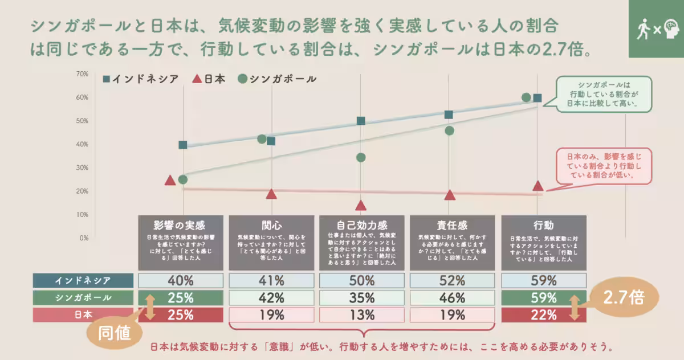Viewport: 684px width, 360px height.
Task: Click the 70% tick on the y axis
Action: [x=82, y=74]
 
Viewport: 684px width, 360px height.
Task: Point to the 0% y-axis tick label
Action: [x=83, y=238]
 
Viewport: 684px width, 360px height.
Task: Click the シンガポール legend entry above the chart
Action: [x=278, y=79]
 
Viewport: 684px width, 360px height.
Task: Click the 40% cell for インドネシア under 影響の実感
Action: [x=180, y=280]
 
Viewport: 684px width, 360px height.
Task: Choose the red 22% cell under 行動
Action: [x=543, y=314]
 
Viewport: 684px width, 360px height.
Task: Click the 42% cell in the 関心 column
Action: [x=271, y=297]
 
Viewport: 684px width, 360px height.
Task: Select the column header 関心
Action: [x=271, y=224]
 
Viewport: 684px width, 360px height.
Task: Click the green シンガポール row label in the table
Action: [x=83, y=297]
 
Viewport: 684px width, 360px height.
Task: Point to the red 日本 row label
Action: [x=83, y=314]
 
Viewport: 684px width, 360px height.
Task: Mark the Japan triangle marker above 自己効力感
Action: [x=360, y=206]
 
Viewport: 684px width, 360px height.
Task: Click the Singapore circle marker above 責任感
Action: [x=449, y=130]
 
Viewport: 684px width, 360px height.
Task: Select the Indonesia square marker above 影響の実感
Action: [x=183, y=145]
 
